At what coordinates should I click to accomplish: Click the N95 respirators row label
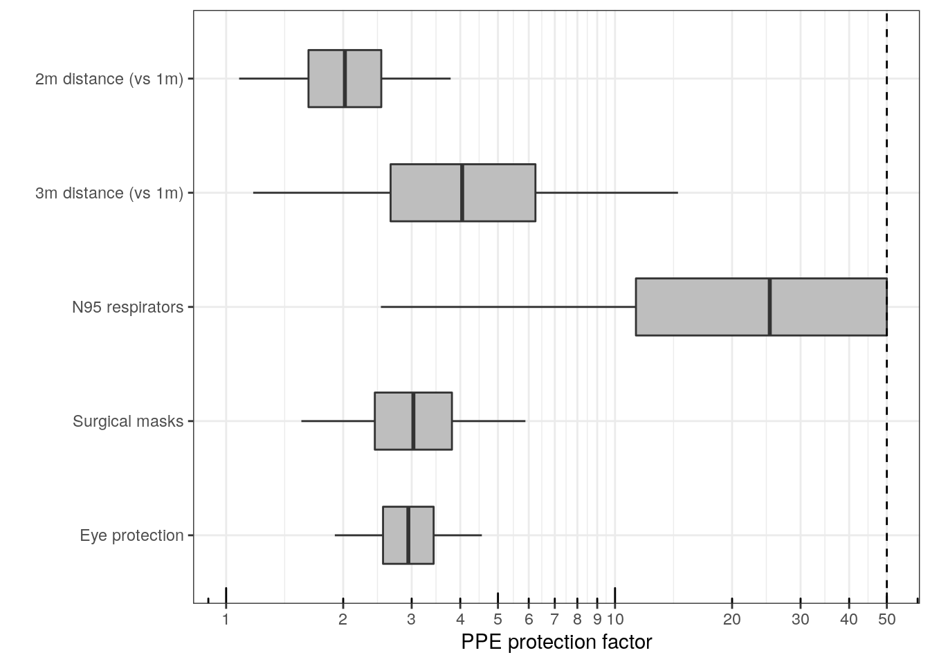point(127,307)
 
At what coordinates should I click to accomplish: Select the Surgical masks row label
point(128,421)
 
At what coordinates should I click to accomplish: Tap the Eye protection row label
point(131,535)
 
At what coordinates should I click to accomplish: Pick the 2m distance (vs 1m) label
point(109,79)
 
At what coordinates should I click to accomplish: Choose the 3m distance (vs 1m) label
point(109,193)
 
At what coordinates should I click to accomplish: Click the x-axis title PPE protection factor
point(556,642)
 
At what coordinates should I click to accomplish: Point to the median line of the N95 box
point(769,307)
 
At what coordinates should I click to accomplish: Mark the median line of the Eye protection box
point(408,535)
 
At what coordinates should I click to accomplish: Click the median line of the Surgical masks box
point(413,421)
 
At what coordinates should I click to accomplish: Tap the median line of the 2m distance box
point(345,79)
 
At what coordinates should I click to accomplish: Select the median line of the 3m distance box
point(462,193)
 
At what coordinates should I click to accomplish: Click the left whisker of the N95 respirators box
point(508,306)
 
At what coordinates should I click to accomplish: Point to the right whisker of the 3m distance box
point(606,193)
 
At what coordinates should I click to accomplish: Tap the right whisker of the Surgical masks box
point(489,421)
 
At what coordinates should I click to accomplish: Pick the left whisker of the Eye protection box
point(358,535)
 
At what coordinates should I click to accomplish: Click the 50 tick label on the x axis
point(886,620)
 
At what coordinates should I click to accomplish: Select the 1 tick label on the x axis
point(226,620)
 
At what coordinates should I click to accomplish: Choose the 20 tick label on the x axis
point(732,620)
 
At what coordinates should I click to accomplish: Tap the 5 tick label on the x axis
point(498,620)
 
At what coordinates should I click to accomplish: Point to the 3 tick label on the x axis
point(411,620)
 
